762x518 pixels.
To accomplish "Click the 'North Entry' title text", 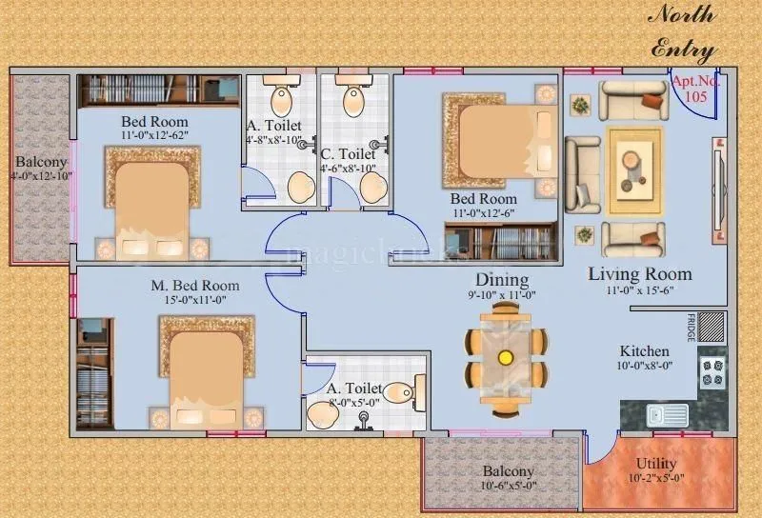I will pyautogui.click(x=684, y=31).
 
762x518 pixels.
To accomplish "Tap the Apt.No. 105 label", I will pyautogui.click(x=696, y=90).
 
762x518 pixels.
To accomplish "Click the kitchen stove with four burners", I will pyautogui.click(x=712, y=372).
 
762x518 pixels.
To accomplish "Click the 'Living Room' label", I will pyautogui.click(x=639, y=274).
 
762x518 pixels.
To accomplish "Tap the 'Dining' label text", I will pyautogui.click(x=502, y=280).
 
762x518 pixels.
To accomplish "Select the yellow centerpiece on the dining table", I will pyautogui.click(x=505, y=357).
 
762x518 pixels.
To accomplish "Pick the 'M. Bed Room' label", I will pyautogui.click(x=194, y=285).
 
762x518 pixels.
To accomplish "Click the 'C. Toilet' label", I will pyautogui.click(x=348, y=153).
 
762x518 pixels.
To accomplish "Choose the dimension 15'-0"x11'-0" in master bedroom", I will pyautogui.click(x=194, y=300).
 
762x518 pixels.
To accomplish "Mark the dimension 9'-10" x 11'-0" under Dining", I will pyautogui.click(x=503, y=295).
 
